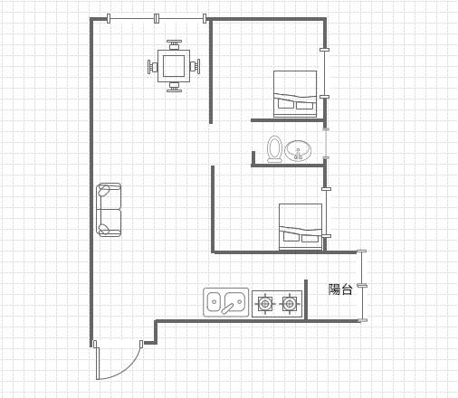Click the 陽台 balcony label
pyautogui.click(x=340, y=289)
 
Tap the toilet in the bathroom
pyautogui.click(x=274, y=149)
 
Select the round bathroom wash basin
pyautogui.click(x=298, y=150)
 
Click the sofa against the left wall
pyautogui.click(x=109, y=210)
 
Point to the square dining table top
pyautogui.click(x=174, y=66)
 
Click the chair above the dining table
pyautogui.click(x=174, y=44)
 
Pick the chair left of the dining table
pyautogui.click(x=152, y=67)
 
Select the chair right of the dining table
pyautogui.click(x=195, y=67)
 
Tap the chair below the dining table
pyautogui.click(x=174, y=87)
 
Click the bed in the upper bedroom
pyautogui.click(x=295, y=94)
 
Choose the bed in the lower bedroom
pyautogui.click(x=301, y=227)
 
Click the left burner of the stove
pyautogui.click(x=265, y=304)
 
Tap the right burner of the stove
pyautogui.click(x=290, y=304)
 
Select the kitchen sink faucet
pyautogui.click(x=228, y=308)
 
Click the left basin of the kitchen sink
pyautogui.click(x=214, y=302)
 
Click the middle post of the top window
pyautogui.click(x=157, y=18)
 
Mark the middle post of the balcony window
pyautogui.click(x=362, y=285)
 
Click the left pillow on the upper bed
pyautogui.click(x=285, y=104)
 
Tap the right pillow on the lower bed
pyautogui.click(x=310, y=239)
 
